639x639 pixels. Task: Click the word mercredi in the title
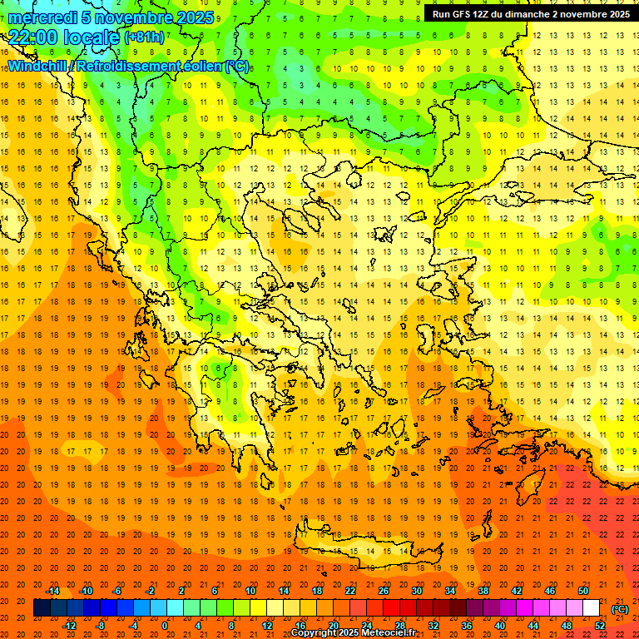[43, 17]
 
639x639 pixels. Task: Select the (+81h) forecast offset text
[144, 37]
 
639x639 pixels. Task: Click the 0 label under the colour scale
[165, 625]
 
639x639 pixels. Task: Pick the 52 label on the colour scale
[600, 625]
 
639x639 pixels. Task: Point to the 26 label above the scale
[384, 591]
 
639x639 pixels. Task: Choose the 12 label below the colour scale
[267, 625]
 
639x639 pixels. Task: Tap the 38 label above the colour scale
[483, 591]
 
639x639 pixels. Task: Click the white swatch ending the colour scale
[592, 608]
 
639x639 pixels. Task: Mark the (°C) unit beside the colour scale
[620, 608]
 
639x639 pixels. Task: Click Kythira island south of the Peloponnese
[282, 498]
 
